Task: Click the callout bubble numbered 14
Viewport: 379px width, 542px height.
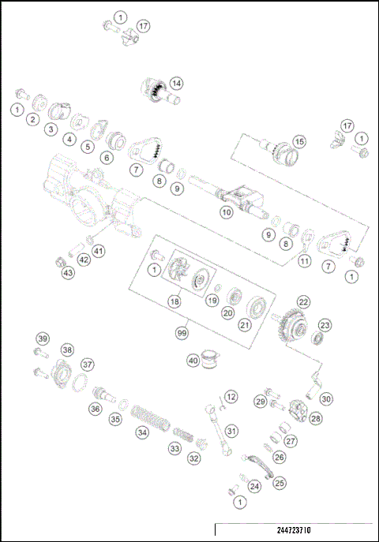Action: point(176,82)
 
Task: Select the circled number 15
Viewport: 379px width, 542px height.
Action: point(298,141)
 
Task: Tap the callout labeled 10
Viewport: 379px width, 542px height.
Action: point(226,211)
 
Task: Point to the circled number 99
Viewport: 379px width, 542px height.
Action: point(182,334)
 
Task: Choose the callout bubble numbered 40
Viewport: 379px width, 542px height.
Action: point(192,361)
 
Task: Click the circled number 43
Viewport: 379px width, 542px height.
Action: point(68,273)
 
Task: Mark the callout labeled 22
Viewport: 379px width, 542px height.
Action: point(303,302)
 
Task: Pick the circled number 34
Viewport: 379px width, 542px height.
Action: point(142,432)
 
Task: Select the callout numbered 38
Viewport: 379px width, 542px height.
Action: point(67,349)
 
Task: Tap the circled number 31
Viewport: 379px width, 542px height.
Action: point(231,431)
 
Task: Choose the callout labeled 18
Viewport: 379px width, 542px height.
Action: point(174,301)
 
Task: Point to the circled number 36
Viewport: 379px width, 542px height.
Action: point(95,409)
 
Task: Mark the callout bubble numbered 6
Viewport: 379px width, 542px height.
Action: point(105,157)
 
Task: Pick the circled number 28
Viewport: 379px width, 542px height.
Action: point(315,418)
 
